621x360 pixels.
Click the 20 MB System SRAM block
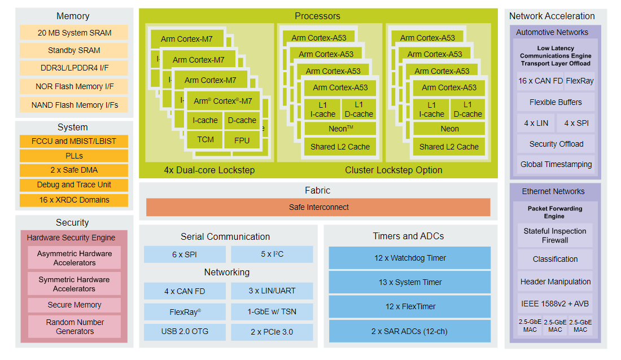click(74, 33)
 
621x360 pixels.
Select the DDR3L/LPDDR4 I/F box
click(74, 68)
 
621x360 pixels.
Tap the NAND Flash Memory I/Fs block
click(74, 105)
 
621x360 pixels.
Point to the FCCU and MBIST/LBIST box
click(74, 141)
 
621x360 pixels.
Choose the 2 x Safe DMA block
click(74, 170)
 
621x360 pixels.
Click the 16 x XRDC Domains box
click(74, 200)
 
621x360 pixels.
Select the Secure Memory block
click(74, 305)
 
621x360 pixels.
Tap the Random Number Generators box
click(74, 327)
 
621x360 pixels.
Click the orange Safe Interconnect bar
click(318, 207)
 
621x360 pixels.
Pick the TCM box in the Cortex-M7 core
click(205, 139)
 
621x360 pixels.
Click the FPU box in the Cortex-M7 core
click(242, 140)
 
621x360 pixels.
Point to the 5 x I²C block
click(272, 254)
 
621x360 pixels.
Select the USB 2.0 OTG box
click(185, 331)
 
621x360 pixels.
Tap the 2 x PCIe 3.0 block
click(272, 332)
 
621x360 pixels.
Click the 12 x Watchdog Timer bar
click(410, 258)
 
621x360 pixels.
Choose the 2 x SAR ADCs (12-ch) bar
click(410, 331)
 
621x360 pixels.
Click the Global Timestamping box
click(556, 164)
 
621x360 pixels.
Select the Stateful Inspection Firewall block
click(554, 235)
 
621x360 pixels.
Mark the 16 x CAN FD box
click(540, 81)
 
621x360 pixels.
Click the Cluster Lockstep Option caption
click(393, 170)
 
